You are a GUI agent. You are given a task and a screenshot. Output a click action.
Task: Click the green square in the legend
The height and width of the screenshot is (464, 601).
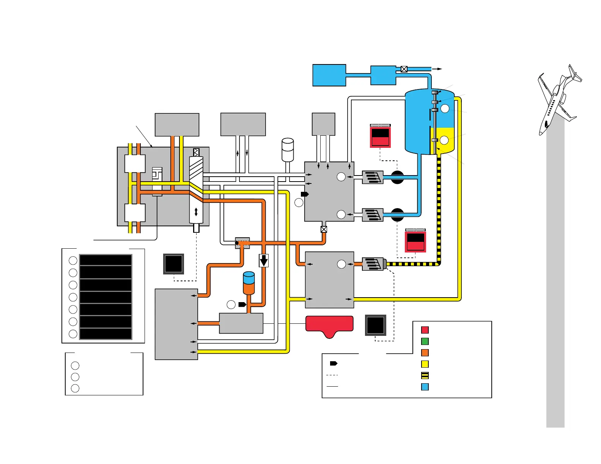(x=425, y=341)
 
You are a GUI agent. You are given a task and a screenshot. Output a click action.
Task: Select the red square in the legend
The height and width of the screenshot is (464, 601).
(x=425, y=330)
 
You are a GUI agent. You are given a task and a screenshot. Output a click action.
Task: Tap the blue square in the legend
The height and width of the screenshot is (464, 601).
(x=425, y=387)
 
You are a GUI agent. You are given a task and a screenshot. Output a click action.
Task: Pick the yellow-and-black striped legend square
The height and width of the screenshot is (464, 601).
(x=425, y=375)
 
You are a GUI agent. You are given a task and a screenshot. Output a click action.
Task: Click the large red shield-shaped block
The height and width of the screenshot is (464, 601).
(x=329, y=325)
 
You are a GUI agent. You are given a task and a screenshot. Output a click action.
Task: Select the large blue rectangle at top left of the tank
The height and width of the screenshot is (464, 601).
(x=329, y=75)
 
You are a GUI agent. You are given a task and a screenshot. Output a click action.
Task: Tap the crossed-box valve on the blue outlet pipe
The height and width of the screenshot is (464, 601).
(x=404, y=69)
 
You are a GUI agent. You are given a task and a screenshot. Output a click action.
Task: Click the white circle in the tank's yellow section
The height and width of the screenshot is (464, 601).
(x=444, y=140)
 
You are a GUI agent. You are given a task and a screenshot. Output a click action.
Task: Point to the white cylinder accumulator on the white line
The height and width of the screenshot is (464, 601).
(x=288, y=150)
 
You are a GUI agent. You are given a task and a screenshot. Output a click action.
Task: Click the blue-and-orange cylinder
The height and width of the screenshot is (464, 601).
(x=249, y=283)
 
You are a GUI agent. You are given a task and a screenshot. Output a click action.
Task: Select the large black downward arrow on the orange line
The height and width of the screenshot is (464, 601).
(x=264, y=260)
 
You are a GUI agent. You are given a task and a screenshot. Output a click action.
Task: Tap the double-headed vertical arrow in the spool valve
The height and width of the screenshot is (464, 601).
(x=196, y=212)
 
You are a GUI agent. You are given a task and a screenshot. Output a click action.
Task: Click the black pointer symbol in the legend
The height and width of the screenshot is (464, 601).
(x=334, y=364)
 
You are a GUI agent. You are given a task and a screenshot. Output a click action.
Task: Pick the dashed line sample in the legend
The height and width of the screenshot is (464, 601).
(x=332, y=375)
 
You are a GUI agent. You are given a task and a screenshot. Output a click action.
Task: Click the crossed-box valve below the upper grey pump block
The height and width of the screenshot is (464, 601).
(x=324, y=229)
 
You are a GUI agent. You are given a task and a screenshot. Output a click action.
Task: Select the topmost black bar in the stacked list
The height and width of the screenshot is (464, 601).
(x=105, y=260)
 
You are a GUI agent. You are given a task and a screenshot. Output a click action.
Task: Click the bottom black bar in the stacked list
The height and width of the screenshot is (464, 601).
(x=105, y=334)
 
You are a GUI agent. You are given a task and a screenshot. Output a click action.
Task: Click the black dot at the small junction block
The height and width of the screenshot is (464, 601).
(x=237, y=243)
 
